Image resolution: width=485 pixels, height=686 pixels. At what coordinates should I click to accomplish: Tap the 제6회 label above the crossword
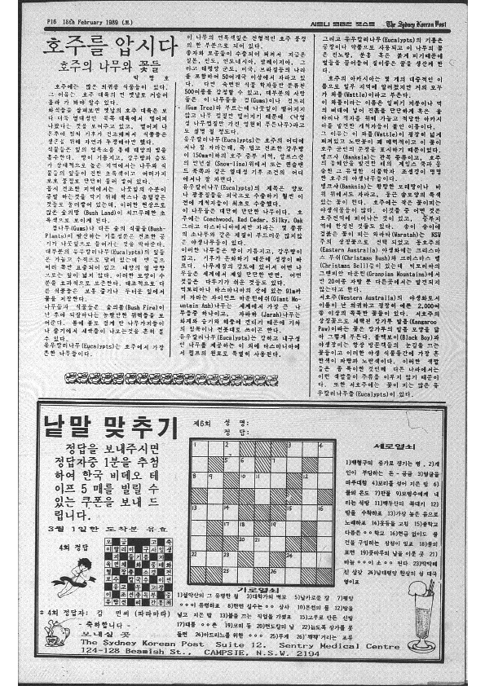201,424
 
